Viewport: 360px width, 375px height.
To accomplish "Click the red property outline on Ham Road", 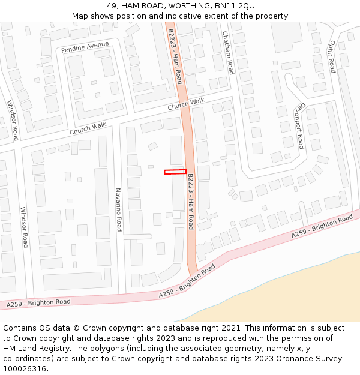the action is (x=175, y=172).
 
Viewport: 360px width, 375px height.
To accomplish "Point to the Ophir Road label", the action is (x=332, y=57).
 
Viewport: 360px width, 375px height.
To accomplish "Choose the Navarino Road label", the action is (x=119, y=210).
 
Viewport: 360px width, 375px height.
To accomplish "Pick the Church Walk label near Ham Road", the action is (x=186, y=104).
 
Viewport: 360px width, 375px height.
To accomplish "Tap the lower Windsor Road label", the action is (x=24, y=227).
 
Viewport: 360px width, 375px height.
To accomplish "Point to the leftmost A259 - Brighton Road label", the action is (x=38, y=304).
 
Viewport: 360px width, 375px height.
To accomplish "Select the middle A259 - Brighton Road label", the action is (x=187, y=281).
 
